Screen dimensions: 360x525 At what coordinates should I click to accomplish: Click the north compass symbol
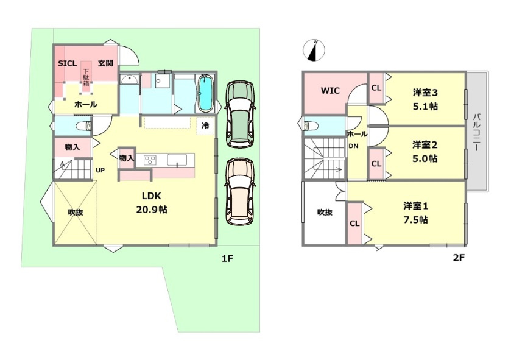[x=314, y=50]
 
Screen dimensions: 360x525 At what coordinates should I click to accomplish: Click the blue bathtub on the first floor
[x=206, y=94]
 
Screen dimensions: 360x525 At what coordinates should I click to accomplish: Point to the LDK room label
[x=151, y=196]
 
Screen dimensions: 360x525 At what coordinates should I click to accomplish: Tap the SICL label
[x=66, y=63]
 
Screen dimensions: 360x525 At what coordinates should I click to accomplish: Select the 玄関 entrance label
[x=104, y=63]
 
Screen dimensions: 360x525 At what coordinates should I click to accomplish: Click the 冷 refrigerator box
[x=206, y=125]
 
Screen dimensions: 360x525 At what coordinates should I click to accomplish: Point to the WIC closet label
[x=330, y=91]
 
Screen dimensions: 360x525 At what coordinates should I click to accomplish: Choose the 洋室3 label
[x=425, y=93]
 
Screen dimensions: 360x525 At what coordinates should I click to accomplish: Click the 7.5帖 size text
[x=415, y=219]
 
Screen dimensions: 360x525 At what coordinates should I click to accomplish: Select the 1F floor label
[x=227, y=258]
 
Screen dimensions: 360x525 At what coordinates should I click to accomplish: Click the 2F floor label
[x=459, y=258]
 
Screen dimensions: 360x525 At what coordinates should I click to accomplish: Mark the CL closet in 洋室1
[x=354, y=223]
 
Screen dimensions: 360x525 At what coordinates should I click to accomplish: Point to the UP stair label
[x=99, y=170]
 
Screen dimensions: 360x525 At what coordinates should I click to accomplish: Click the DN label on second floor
[x=353, y=146]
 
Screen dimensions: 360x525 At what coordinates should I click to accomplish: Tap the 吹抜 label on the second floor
[x=325, y=212]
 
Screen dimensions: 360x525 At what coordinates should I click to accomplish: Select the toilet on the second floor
[x=311, y=125]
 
